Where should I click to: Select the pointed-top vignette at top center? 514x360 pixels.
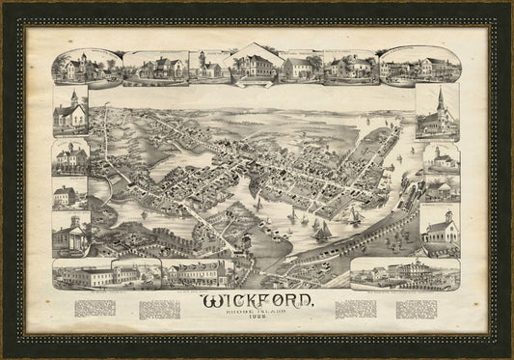tap(254, 65)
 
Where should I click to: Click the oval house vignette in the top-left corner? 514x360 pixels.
tap(86, 66)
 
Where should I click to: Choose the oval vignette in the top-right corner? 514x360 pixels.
tap(419, 66)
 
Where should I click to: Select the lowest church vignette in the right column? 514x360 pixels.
tap(439, 227)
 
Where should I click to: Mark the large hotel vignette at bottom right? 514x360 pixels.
tap(405, 273)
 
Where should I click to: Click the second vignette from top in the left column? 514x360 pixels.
tap(70, 156)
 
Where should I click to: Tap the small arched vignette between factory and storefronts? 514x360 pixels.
tap(138, 273)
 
